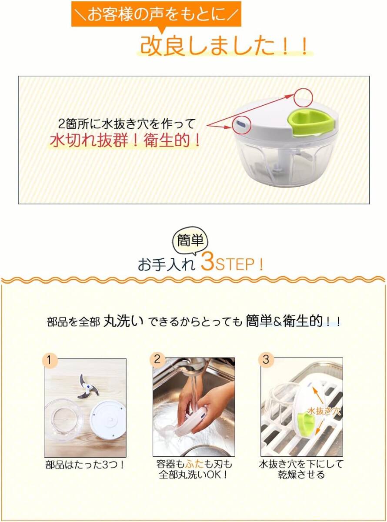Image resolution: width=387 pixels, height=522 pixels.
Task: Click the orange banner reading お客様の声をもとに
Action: coord(156,14)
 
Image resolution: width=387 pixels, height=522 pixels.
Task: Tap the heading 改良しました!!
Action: coord(224,46)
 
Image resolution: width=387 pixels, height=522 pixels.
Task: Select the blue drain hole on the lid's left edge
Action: coord(241,124)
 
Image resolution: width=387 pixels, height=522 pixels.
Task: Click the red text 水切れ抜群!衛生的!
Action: coord(125,141)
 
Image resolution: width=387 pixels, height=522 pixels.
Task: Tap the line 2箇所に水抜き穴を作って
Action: coord(127,124)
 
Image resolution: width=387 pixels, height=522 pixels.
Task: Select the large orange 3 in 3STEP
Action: coord(207,263)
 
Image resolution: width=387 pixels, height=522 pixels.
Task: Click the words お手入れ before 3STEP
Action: coord(167,265)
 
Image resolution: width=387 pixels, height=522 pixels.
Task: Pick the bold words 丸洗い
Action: coord(123,321)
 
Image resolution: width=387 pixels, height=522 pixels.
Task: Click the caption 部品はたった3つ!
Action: coord(85,465)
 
